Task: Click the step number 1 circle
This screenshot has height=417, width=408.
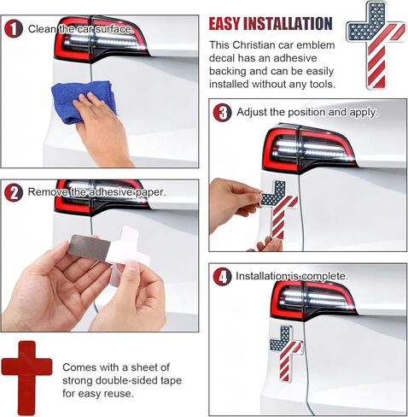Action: click(x=13, y=29)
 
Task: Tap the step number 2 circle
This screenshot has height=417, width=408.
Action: click(x=13, y=192)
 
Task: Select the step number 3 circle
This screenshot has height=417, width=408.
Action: click(x=222, y=113)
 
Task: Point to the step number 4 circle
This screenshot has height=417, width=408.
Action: click(x=222, y=277)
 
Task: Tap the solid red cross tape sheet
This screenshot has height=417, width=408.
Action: click(x=26, y=378)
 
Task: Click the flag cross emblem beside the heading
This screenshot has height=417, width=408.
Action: click(x=376, y=45)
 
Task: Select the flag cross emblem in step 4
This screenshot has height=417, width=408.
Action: click(x=286, y=353)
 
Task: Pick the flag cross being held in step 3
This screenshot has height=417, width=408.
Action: click(x=279, y=209)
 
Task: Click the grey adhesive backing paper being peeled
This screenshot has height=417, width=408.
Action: click(x=90, y=247)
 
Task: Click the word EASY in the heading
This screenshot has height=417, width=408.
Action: click(x=224, y=24)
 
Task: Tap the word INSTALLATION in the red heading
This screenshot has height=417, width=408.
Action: click(x=288, y=24)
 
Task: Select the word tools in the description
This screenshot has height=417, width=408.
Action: click(x=322, y=84)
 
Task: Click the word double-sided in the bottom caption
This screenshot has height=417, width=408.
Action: click(x=127, y=380)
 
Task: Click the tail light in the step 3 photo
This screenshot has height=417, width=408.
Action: click(x=309, y=148)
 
